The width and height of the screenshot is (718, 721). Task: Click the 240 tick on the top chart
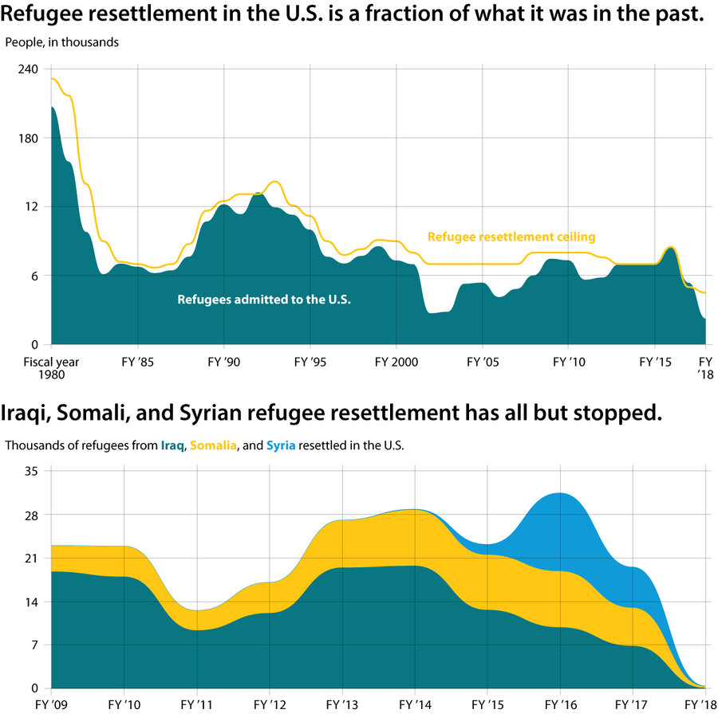tap(29, 69)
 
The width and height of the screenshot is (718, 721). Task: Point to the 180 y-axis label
tap(29, 138)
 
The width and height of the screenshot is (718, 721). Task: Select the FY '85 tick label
tap(138, 361)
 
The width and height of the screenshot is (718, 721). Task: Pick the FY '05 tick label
tap(483, 361)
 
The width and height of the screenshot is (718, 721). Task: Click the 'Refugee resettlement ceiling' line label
tap(511, 237)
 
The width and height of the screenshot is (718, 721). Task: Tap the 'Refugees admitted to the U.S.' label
tap(264, 300)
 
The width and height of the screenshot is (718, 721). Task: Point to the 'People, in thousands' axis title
tap(62, 42)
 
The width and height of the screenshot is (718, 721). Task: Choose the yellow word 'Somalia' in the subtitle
tap(213, 445)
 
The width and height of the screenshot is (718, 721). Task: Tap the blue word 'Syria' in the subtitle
tap(281, 445)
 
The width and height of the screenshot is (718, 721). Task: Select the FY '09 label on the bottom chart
tap(51, 705)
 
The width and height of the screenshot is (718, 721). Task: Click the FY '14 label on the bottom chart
tap(415, 705)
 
